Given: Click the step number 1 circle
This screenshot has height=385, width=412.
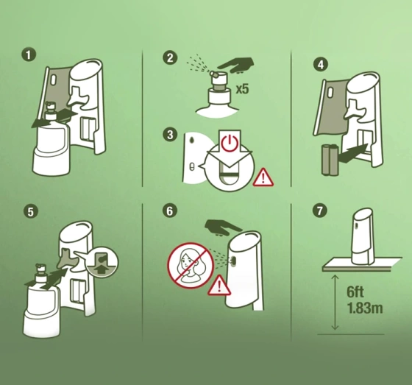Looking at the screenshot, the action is [x=29, y=54].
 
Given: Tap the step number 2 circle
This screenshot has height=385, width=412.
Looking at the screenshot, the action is [x=170, y=57].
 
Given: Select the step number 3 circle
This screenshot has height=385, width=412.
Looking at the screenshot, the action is [x=170, y=135].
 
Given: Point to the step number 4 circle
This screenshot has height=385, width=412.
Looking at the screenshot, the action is [x=321, y=65].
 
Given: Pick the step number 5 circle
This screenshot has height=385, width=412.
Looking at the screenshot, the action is [x=31, y=211].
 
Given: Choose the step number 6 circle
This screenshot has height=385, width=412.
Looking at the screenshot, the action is [x=170, y=211].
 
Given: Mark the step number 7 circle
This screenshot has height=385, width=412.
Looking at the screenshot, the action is [x=320, y=211].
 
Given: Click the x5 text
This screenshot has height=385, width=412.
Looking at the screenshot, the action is [x=242, y=89].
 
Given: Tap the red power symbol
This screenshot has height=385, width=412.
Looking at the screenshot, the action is [x=230, y=143].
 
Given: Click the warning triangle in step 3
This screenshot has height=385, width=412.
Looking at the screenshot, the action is [x=263, y=177].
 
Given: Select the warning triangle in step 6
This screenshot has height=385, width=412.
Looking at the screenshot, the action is [x=219, y=286].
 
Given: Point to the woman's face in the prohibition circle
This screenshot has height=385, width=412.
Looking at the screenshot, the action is [x=188, y=260].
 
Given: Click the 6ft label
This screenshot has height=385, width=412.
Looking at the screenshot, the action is [x=355, y=292].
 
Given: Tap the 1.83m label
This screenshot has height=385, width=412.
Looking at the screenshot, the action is [x=365, y=308].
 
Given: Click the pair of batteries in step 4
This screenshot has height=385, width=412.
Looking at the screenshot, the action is [x=330, y=160].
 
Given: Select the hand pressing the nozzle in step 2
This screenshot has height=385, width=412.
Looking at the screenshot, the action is [x=236, y=65].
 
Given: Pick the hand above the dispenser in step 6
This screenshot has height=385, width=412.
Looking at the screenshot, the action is [x=223, y=227].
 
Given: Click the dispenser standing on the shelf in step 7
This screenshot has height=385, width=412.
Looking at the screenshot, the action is [x=363, y=236].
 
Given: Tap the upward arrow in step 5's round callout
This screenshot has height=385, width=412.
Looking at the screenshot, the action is [x=102, y=268].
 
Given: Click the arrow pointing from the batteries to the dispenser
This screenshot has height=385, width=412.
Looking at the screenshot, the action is [x=352, y=153].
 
